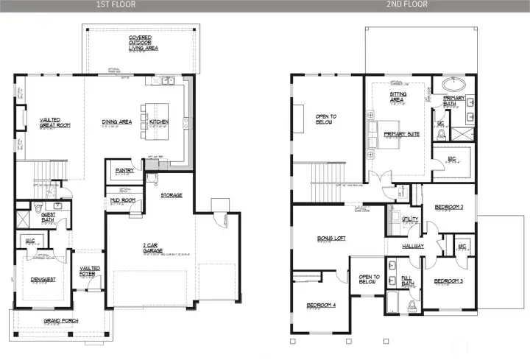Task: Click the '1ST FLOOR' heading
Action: point(117,4)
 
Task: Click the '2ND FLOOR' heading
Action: point(407,4)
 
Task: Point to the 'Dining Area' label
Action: point(117,121)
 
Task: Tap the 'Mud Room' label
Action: point(122,200)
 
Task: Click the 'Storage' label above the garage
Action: point(171,195)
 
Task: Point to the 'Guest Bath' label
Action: point(49,218)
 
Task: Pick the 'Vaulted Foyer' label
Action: point(91,272)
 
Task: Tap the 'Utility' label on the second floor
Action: point(410,219)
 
